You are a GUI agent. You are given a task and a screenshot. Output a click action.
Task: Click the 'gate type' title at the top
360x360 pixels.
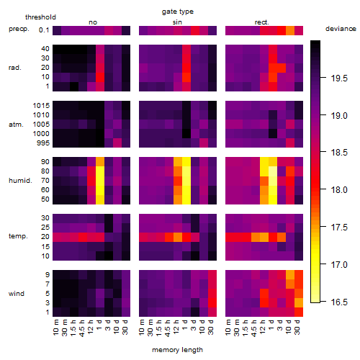[178, 12]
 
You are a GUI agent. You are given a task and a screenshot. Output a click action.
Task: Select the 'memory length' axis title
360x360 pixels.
[177, 350]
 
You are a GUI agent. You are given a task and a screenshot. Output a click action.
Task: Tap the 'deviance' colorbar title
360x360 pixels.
[341, 29]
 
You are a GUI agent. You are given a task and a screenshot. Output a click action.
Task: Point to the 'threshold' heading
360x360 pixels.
[40, 17]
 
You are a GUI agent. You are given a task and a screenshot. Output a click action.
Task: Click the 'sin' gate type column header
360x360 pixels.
[177, 22]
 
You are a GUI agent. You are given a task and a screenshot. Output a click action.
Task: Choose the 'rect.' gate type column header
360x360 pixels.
[261, 22]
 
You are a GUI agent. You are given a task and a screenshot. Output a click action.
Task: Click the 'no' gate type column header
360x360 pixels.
[93, 22]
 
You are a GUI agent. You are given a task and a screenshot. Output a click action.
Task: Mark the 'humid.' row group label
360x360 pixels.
[20, 180]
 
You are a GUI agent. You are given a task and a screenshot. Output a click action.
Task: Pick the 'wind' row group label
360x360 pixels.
[17, 294]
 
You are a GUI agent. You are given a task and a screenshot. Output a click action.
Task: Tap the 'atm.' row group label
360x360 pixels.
[16, 125]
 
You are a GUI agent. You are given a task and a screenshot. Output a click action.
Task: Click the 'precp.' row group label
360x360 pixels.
[19, 29]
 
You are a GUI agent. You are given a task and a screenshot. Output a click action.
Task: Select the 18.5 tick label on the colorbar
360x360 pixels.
[339, 153]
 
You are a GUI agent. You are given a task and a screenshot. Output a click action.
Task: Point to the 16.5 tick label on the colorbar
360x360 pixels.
[339, 302]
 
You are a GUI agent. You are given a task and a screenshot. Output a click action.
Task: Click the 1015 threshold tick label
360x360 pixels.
[41, 106]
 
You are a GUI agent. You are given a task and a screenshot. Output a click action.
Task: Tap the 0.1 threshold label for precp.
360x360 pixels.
[44, 30]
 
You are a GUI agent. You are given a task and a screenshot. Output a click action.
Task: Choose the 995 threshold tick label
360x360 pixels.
[43, 143]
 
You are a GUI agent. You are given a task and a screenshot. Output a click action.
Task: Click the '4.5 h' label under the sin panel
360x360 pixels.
[168, 328]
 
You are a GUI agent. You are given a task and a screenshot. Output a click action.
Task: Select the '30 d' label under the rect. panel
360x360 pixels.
[297, 327]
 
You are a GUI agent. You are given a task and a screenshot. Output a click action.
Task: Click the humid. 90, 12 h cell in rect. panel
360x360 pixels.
[264, 162]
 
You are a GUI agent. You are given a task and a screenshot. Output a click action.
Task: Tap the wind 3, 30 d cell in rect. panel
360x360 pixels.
[299, 302]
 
